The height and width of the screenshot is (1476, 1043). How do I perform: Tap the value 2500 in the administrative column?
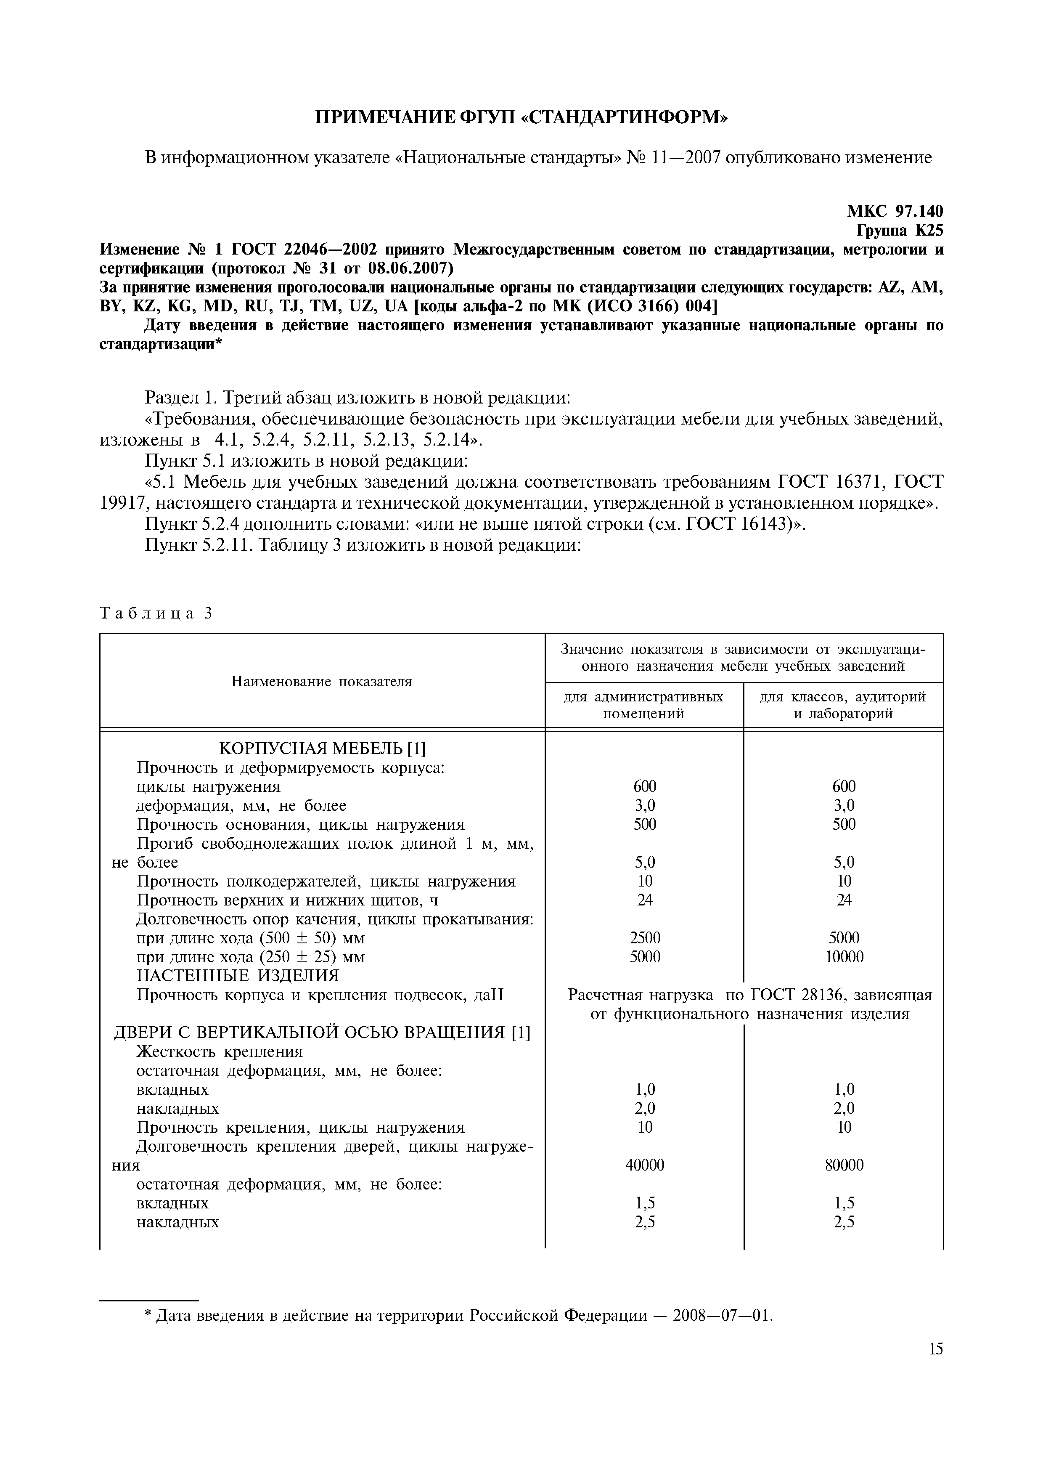click(645, 938)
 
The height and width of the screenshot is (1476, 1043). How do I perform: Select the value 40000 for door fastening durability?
click(645, 1165)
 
